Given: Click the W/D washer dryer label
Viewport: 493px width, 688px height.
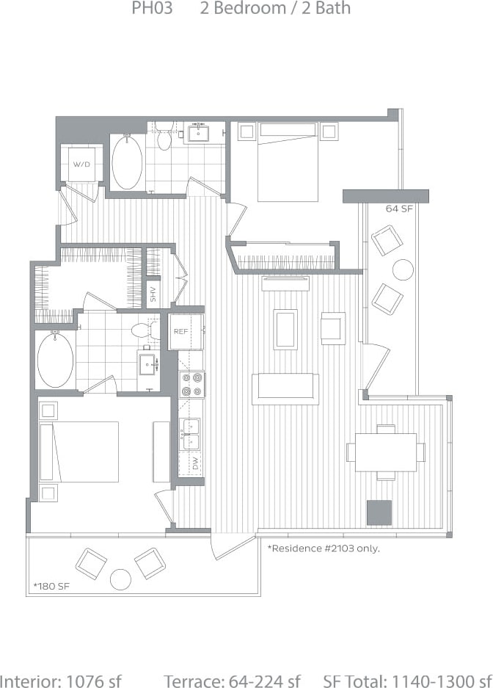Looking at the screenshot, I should (80, 164).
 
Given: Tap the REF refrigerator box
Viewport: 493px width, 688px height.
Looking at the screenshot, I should (181, 331).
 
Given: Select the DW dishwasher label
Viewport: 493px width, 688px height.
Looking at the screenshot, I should (195, 463).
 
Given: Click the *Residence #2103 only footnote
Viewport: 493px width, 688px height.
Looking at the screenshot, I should (324, 548).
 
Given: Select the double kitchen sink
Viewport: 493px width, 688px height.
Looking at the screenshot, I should (190, 433).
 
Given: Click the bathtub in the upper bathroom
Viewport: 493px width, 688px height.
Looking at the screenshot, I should (127, 162).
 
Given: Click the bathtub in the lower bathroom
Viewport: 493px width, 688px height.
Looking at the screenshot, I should (55, 359).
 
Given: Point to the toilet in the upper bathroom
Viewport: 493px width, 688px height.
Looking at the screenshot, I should (163, 137).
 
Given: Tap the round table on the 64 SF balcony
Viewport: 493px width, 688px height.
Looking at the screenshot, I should (403, 269).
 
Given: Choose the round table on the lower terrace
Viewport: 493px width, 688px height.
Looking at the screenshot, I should (120, 580).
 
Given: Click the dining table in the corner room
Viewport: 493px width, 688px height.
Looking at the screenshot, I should (385, 452).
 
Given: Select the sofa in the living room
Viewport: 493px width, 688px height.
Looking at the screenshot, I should (285, 388).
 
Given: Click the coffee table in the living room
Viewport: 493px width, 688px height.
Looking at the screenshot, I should (285, 328).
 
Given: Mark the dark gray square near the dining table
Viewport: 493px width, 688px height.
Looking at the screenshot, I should (379, 513).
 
